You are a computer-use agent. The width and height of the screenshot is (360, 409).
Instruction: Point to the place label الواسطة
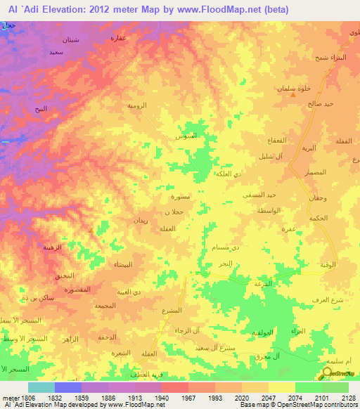tap(269, 210)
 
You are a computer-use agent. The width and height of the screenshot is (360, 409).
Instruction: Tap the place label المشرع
tap(172, 311)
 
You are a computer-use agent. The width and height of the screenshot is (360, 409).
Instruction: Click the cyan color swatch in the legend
tap(41, 387)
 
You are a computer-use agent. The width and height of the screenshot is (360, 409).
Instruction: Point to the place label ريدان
tap(141, 221)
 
